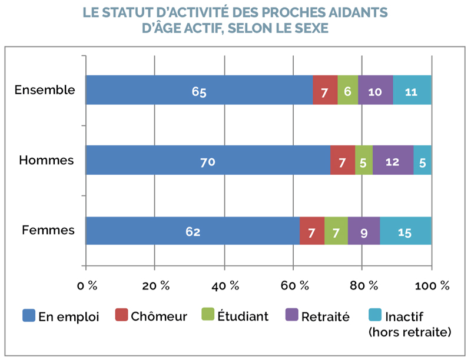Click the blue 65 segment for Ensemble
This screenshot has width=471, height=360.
click(x=199, y=90)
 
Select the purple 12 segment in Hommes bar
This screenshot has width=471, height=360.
click(x=393, y=160)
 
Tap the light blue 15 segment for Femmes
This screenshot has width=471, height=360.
click(x=406, y=231)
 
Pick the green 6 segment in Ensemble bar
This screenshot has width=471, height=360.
click(x=348, y=90)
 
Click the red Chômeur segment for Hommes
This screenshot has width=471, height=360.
click(x=343, y=160)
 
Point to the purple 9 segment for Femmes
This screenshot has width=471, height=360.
click(x=364, y=231)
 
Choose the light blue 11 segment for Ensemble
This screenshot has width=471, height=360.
click(x=412, y=90)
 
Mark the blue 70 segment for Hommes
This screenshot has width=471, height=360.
click(x=208, y=160)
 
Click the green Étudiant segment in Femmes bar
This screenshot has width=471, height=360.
click(x=336, y=231)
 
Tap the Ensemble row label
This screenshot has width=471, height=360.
click(x=45, y=89)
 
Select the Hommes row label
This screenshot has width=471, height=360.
click(x=47, y=160)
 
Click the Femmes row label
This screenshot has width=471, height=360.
click(x=48, y=230)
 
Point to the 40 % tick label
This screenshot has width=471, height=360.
click(x=225, y=286)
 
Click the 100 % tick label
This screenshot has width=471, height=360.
click(x=432, y=286)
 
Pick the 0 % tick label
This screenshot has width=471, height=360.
click(x=87, y=286)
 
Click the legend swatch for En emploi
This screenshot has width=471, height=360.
click(x=29, y=315)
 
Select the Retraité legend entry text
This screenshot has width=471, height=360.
click(x=326, y=317)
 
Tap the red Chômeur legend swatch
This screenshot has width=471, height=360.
click(x=121, y=315)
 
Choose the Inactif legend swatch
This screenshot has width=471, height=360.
click(x=375, y=315)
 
